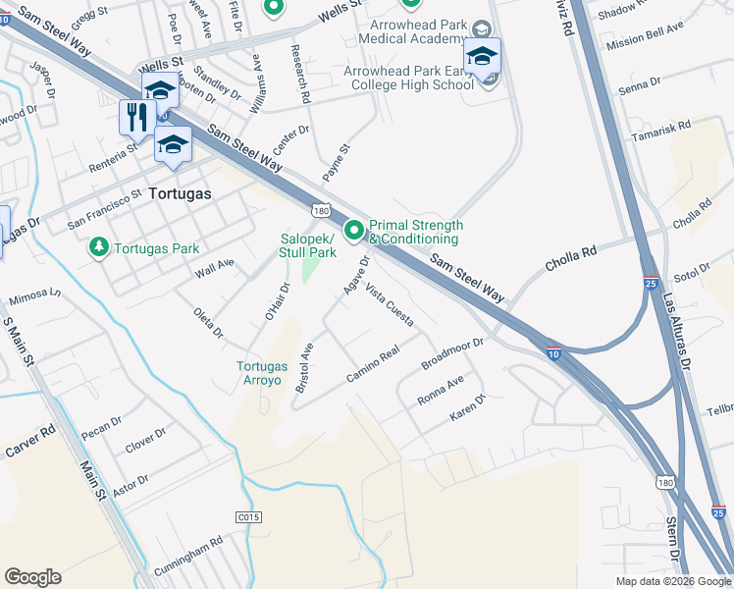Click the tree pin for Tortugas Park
coord(98,247)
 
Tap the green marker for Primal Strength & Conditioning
coord(353,232)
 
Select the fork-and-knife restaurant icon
coord(134,117)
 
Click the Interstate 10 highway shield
coord(554,353)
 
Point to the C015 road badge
coord(249,515)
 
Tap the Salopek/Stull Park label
coord(309,245)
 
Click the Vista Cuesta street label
coord(389,305)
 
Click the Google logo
coord(32,577)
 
